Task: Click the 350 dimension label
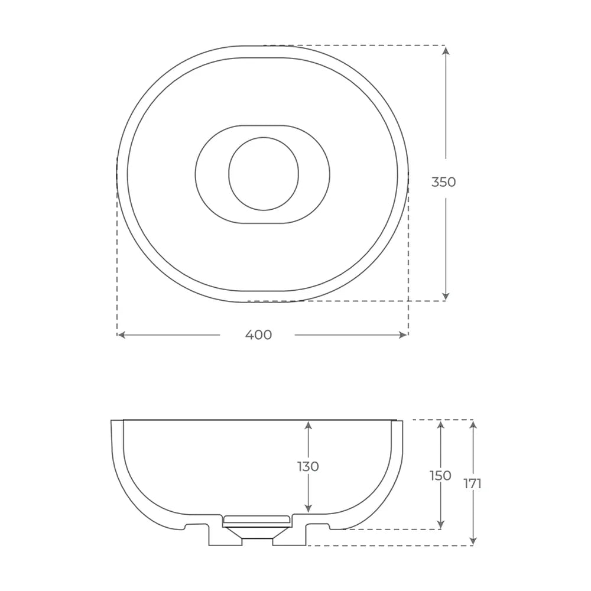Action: pyautogui.click(x=444, y=182)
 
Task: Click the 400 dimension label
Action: pyautogui.click(x=259, y=335)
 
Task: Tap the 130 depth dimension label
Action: pyautogui.click(x=309, y=467)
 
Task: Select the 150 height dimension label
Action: pyautogui.click(x=440, y=476)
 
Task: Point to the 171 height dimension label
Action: pyautogui.click(x=473, y=483)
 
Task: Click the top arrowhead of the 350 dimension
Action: pyautogui.click(x=446, y=50)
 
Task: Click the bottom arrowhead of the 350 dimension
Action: pyautogui.click(x=446, y=296)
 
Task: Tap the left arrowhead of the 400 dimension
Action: pyautogui.click(x=122, y=335)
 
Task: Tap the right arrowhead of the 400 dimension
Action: pyautogui.click(x=403, y=335)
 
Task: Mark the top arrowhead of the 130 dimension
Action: pyautogui.click(x=309, y=426)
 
